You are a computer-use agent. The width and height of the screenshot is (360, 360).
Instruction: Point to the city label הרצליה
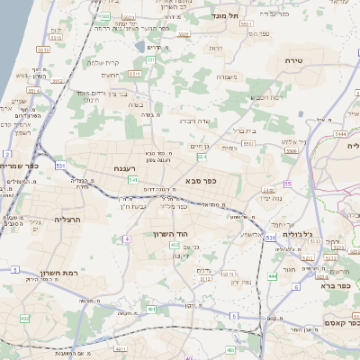67,219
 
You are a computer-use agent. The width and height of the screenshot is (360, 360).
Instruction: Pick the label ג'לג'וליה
297,233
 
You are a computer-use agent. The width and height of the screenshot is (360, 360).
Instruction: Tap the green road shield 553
149,59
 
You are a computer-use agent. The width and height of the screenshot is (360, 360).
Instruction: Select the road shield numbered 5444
339,132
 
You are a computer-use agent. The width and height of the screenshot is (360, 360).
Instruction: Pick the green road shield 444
272,276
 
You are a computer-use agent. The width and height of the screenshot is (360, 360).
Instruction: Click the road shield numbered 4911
121,346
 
